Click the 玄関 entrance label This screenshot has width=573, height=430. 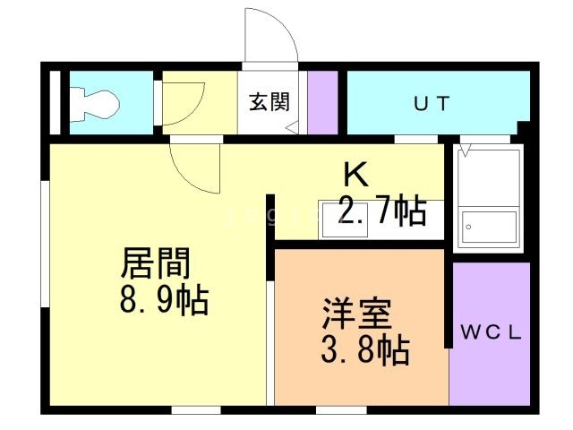coord(269,102)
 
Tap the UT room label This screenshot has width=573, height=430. coord(431,103)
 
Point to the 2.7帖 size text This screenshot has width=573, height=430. coord(381,211)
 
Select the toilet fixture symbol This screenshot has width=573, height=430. coord(94,103)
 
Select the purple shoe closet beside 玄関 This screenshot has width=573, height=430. coord(322,102)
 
